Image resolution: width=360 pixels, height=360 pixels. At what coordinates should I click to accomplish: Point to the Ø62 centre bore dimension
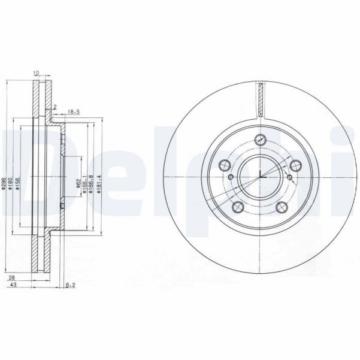coord(78,184)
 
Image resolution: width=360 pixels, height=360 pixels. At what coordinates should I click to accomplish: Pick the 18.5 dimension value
coord(74,111)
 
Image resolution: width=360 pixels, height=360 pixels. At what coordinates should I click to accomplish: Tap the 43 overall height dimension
coord(11,287)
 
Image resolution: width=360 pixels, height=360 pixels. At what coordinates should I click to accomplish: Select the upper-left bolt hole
coord(225,165)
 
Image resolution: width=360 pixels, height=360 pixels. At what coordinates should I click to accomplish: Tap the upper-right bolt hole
coord(296,165)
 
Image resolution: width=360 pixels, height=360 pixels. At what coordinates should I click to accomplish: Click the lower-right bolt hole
coord(283,207)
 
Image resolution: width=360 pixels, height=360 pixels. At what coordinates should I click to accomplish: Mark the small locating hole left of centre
coord(231,177)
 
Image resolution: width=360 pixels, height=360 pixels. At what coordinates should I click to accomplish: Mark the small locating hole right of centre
coord(290,177)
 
